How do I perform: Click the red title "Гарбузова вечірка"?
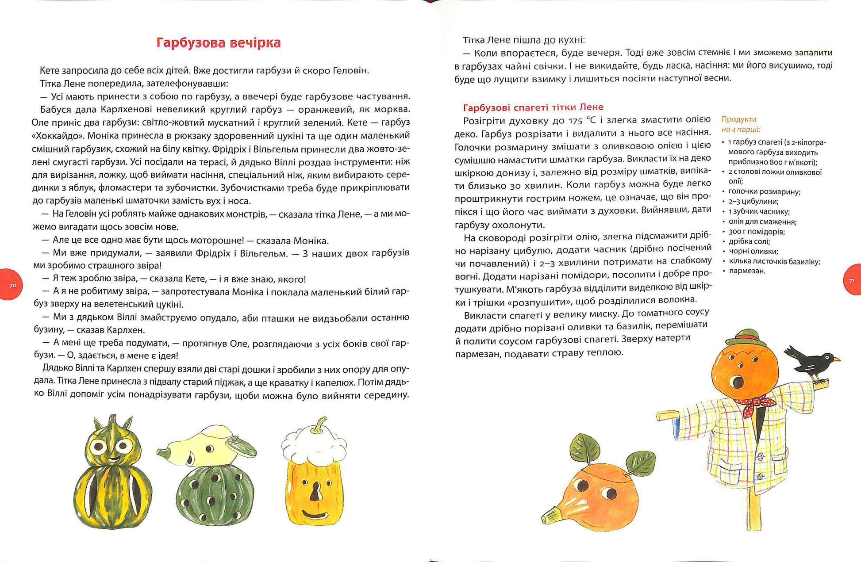click(x=219, y=43)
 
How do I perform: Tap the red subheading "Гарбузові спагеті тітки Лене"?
click(x=533, y=107)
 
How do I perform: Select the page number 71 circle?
click(x=852, y=280)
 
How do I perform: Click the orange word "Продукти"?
click(x=739, y=119)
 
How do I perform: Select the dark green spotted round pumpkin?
click(x=215, y=494)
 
